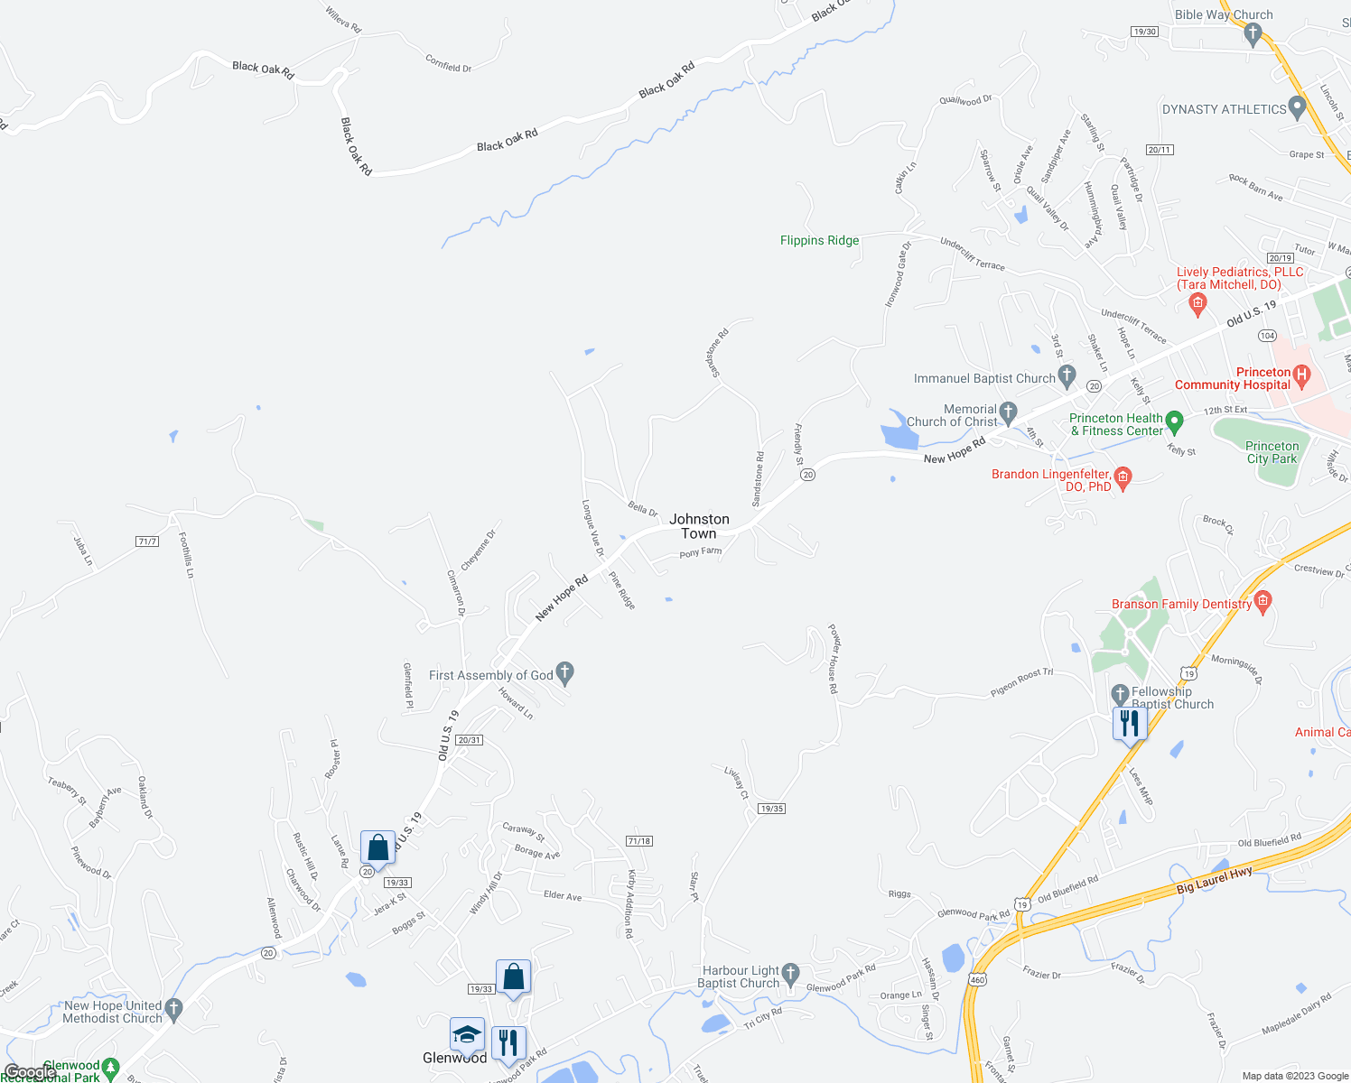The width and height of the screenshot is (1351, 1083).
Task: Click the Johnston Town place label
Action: tap(699, 526)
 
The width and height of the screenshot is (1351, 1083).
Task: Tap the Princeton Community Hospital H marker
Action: tap(1301, 373)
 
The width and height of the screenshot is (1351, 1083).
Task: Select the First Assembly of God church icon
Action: tap(565, 672)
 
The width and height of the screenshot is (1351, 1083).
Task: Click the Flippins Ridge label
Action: tap(819, 240)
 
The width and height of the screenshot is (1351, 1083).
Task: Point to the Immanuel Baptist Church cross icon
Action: tap(1067, 375)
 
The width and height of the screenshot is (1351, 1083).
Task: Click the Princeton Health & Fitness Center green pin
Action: tap(1174, 421)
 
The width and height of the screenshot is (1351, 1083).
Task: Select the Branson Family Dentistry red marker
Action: tap(1263, 601)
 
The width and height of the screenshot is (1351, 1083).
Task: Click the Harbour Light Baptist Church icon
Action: tap(791, 973)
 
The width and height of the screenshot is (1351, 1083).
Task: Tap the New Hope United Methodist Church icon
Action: tap(174, 1008)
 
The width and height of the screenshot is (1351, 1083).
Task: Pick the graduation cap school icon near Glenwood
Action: tap(467, 1035)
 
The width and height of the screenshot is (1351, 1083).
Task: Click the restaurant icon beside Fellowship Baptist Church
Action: tap(1130, 724)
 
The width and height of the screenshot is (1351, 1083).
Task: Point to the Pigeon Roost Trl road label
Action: tap(1021, 682)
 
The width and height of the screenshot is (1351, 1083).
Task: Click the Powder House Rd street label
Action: tap(834, 659)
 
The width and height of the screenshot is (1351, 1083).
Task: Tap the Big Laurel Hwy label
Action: tap(1215, 881)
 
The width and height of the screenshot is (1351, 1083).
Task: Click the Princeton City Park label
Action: tap(1272, 452)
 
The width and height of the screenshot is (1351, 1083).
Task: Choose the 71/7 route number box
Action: tap(147, 541)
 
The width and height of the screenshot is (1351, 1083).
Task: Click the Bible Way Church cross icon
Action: tap(1252, 34)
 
